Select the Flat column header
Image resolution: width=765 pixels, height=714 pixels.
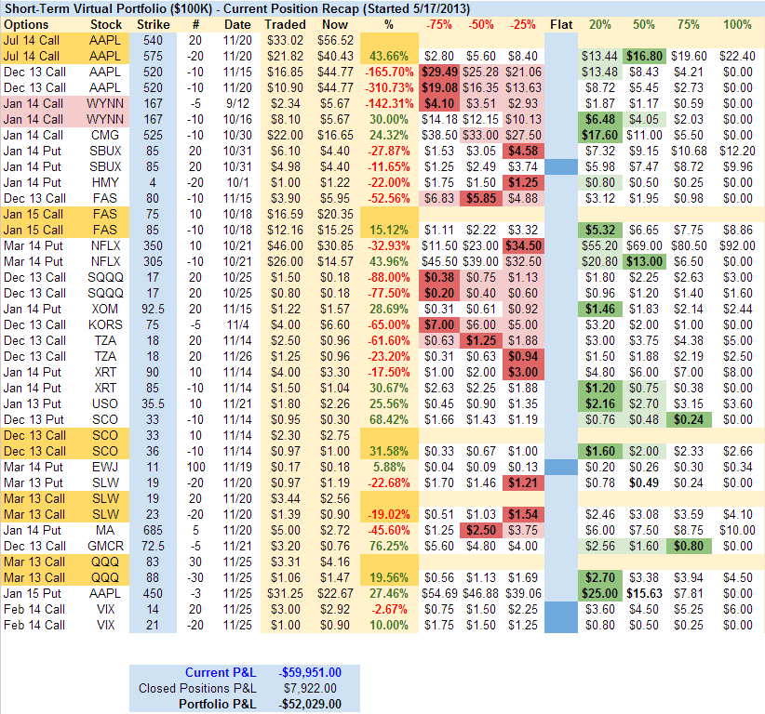click(x=561, y=24)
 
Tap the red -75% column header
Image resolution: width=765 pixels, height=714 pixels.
click(x=437, y=24)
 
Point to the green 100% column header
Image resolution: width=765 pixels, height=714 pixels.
click(x=737, y=24)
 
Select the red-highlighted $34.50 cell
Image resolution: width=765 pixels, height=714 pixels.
click(x=524, y=245)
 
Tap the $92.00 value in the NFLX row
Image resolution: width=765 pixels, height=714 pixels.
click(x=737, y=245)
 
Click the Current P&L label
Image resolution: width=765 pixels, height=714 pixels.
click(x=218, y=672)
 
